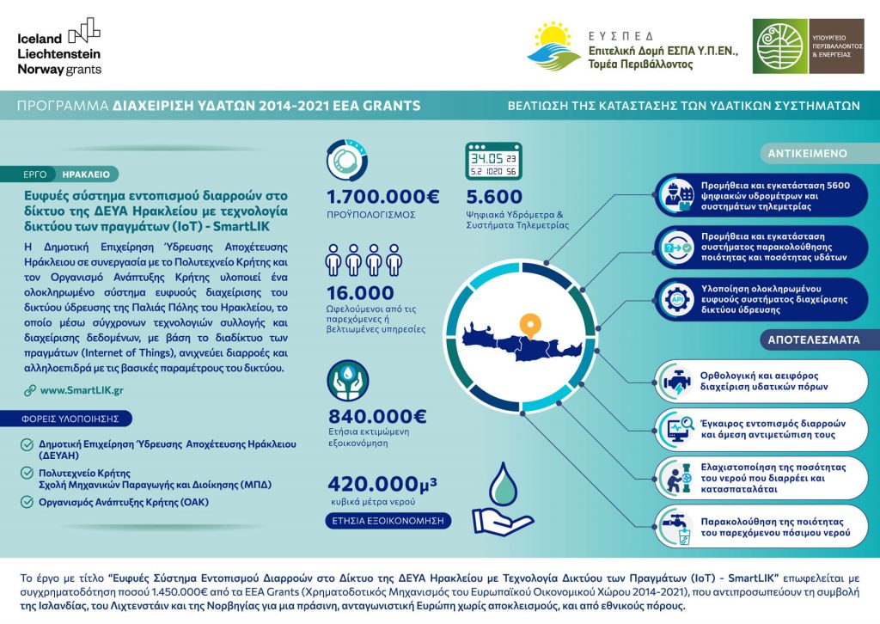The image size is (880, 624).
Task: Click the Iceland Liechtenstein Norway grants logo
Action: pos(59,46)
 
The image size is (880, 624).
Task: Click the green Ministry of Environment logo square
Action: pos(779,46)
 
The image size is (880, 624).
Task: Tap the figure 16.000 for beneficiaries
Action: pos(360,293)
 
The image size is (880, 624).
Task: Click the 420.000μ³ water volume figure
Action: pos(382,484)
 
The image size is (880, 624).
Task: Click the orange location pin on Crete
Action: pos(533,325)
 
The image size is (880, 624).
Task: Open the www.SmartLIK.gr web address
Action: pos(82,390)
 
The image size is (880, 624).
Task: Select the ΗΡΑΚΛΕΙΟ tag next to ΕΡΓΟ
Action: pos(86,174)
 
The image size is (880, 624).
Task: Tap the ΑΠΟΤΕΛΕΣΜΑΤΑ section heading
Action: pos(814,340)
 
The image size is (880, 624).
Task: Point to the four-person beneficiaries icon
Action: pos(364,259)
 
